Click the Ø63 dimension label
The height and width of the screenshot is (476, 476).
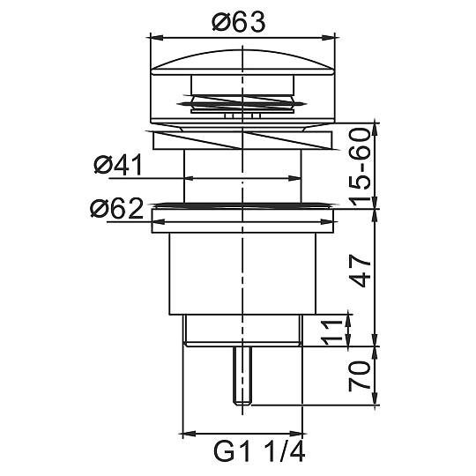click(x=239, y=22)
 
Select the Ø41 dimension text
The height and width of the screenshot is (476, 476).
click(x=118, y=165)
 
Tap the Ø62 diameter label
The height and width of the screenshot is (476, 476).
click(x=117, y=208)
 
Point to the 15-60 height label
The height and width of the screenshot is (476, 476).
click(x=360, y=167)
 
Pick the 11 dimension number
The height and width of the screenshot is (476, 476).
click(x=331, y=332)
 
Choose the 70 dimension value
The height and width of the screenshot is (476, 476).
click(x=360, y=376)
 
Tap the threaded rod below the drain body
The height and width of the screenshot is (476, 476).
click(x=242, y=376)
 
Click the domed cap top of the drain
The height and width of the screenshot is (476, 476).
click(x=242, y=63)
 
